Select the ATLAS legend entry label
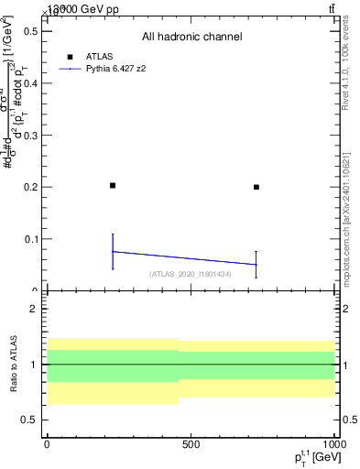[100, 56]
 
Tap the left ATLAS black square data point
[113, 185]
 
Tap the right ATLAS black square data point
[256, 187]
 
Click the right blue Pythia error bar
[256, 264]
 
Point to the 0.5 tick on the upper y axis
[30, 31]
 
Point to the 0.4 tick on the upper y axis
[30, 83]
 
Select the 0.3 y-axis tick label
[30, 136]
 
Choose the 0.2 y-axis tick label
[30, 187]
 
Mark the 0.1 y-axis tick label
[30, 239]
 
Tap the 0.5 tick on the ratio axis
[29, 420]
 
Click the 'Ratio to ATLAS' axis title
[12, 364]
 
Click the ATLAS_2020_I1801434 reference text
[190, 274]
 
